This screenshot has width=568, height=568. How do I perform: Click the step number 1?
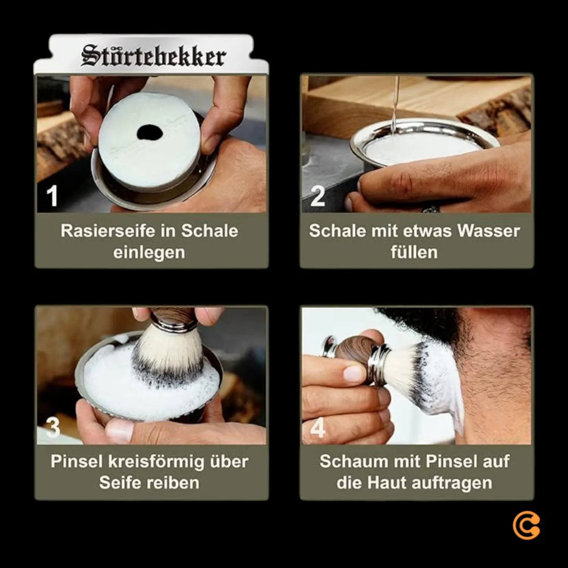[52, 196]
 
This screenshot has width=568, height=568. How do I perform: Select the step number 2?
[317, 196]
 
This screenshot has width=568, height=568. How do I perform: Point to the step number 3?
[52, 427]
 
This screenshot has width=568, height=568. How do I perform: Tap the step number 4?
[317, 429]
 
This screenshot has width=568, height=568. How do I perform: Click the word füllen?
[414, 252]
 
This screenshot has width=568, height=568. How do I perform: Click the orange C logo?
[526, 527]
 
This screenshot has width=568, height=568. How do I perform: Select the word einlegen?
[149, 252]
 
